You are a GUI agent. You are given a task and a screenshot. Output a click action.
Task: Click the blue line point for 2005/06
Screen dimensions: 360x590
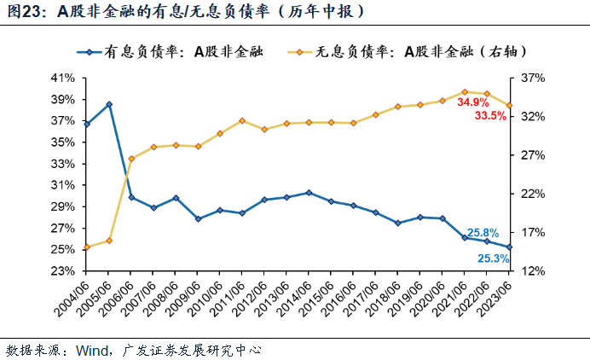click(109, 104)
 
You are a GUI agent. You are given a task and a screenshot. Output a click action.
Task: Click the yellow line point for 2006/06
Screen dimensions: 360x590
click(131, 159)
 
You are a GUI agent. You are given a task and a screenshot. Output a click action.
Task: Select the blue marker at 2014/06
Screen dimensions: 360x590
click(309, 193)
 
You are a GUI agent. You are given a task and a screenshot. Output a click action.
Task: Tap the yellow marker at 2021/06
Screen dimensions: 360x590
click(465, 91)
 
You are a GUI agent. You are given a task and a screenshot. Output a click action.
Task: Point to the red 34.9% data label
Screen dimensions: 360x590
click(472, 102)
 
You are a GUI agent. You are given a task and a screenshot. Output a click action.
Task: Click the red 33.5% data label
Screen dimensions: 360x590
click(490, 116)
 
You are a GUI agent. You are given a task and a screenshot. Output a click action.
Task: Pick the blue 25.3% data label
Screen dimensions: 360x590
click(494, 258)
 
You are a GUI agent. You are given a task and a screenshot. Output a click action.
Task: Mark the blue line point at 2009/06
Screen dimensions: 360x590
click(198, 219)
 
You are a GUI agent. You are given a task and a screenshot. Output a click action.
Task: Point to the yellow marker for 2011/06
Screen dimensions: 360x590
click(242, 120)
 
